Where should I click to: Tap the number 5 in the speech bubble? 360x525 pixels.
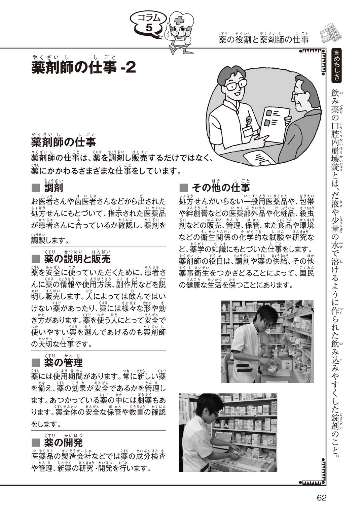[x=149, y=28]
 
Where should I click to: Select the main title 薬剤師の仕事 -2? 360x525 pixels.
[x=84, y=67]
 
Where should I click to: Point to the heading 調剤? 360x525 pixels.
[x=53, y=188]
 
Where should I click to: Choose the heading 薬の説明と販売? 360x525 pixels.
[x=77, y=259]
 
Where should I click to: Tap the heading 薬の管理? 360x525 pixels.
[x=63, y=363]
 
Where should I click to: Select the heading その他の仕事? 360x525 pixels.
[x=221, y=188]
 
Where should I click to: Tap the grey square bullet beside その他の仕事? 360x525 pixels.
[x=184, y=188]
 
